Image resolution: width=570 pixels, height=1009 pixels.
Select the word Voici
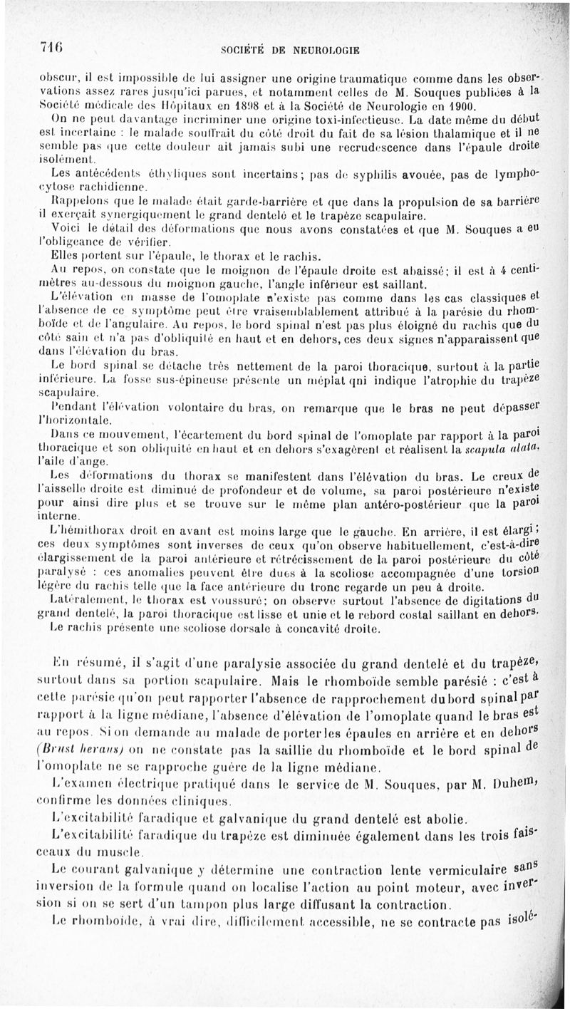[x=66, y=229]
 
